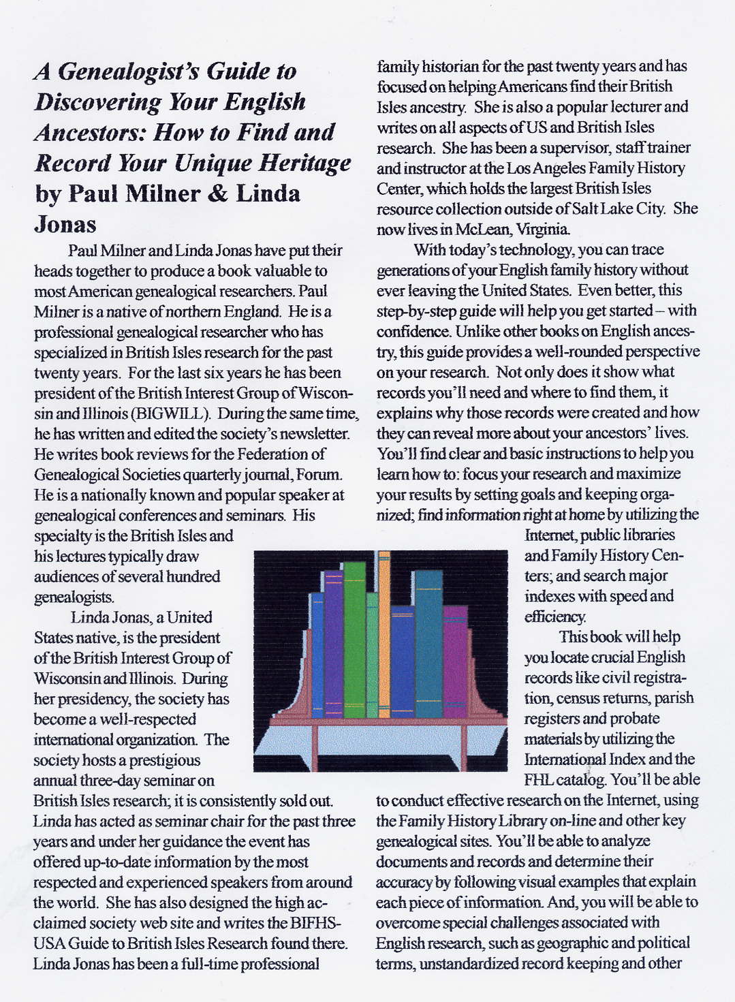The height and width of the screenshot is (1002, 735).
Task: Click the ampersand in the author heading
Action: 218,194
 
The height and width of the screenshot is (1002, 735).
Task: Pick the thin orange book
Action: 384,633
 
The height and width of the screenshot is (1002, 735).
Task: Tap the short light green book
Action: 372,654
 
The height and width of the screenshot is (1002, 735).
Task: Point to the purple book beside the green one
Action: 333,640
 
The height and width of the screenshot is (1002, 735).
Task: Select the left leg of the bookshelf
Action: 315,746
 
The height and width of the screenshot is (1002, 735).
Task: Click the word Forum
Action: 320,474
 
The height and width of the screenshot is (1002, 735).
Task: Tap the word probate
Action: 635,719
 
